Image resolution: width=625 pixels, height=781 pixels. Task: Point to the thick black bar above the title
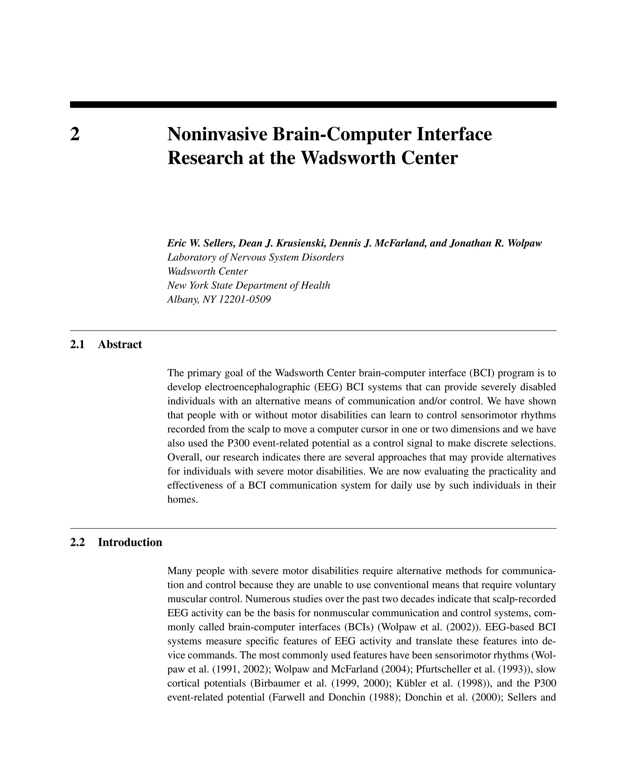(x=313, y=104)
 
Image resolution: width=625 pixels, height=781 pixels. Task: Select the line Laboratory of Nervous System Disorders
(x=255, y=257)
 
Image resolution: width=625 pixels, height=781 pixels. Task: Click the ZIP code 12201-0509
(x=245, y=300)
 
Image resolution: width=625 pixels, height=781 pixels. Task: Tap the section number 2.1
(x=77, y=344)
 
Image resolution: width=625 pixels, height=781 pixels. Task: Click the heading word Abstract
(x=120, y=344)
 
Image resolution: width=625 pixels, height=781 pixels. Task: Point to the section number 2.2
(x=77, y=542)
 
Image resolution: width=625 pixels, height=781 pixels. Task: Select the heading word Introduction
(x=130, y=542)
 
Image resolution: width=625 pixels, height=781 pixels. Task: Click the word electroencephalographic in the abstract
(x=259, y=387)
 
